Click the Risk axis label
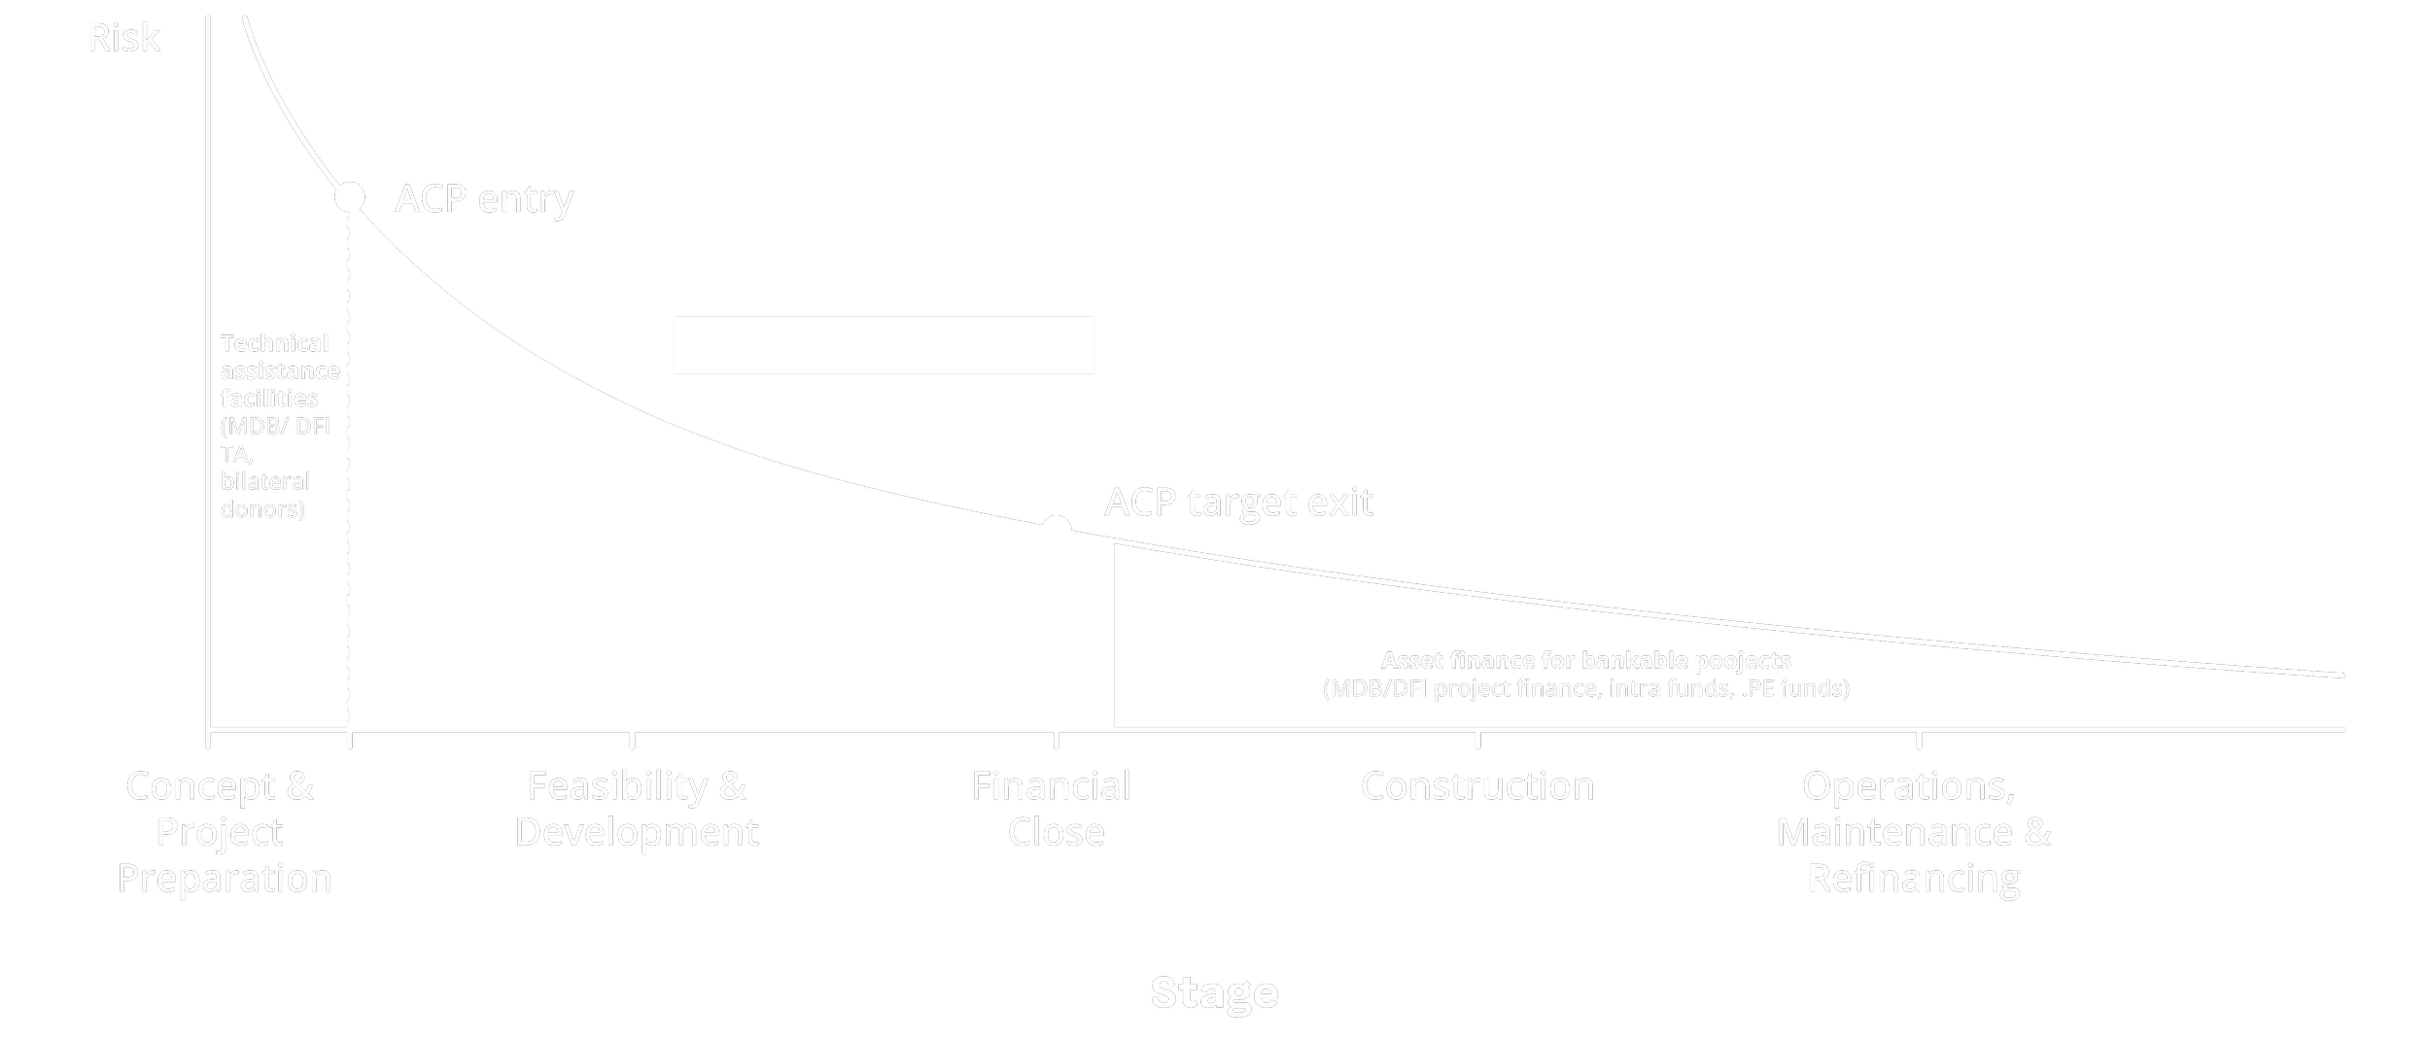pos(123,39)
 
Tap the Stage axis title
pos(1214,992)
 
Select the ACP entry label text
pos(484,198)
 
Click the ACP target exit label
pos(1238,503)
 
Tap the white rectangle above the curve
pos(884,345)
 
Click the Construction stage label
pos(1476,785)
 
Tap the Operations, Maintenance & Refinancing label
pos(1913,832)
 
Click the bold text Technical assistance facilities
pos(279,370)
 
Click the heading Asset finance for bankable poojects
pos(1585,661)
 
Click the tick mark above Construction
pos(1477,738)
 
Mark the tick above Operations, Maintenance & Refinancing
pos(1919,738)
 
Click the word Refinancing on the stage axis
pos(1913,879)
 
